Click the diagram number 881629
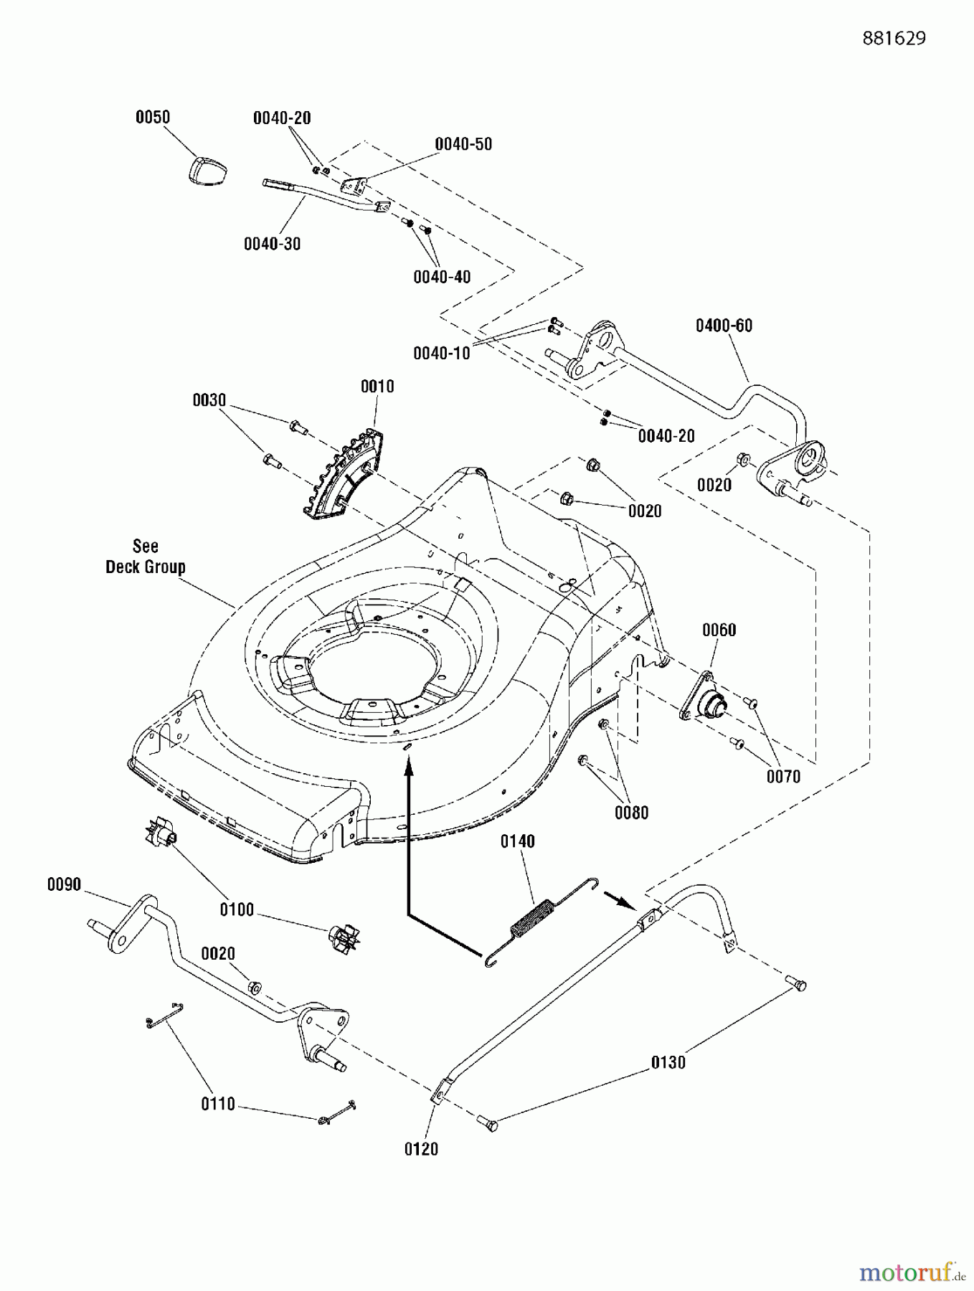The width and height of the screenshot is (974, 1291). pos(894,39)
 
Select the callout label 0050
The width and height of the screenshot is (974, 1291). pos(153,117)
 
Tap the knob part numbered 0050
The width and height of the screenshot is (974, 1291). pos(208,171)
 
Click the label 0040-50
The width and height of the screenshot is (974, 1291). pos(463,144)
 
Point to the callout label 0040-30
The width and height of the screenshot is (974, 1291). pos(272,244)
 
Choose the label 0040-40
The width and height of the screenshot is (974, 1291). pos(442,277)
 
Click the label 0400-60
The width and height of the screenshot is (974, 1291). pos(724,326)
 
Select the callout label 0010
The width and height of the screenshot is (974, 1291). pos(377,387)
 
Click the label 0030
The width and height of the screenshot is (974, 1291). pos(209,400)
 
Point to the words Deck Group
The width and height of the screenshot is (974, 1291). pos(146,567)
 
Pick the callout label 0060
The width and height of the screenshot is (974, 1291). pos(719,630)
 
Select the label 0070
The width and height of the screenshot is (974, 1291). pos(783,776)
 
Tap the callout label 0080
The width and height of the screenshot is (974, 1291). pos(631,813)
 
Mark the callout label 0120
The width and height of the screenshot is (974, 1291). pos(421,1149)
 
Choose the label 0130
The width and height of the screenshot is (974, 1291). pos(668,1063)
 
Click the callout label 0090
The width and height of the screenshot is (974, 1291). pos(65,885)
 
